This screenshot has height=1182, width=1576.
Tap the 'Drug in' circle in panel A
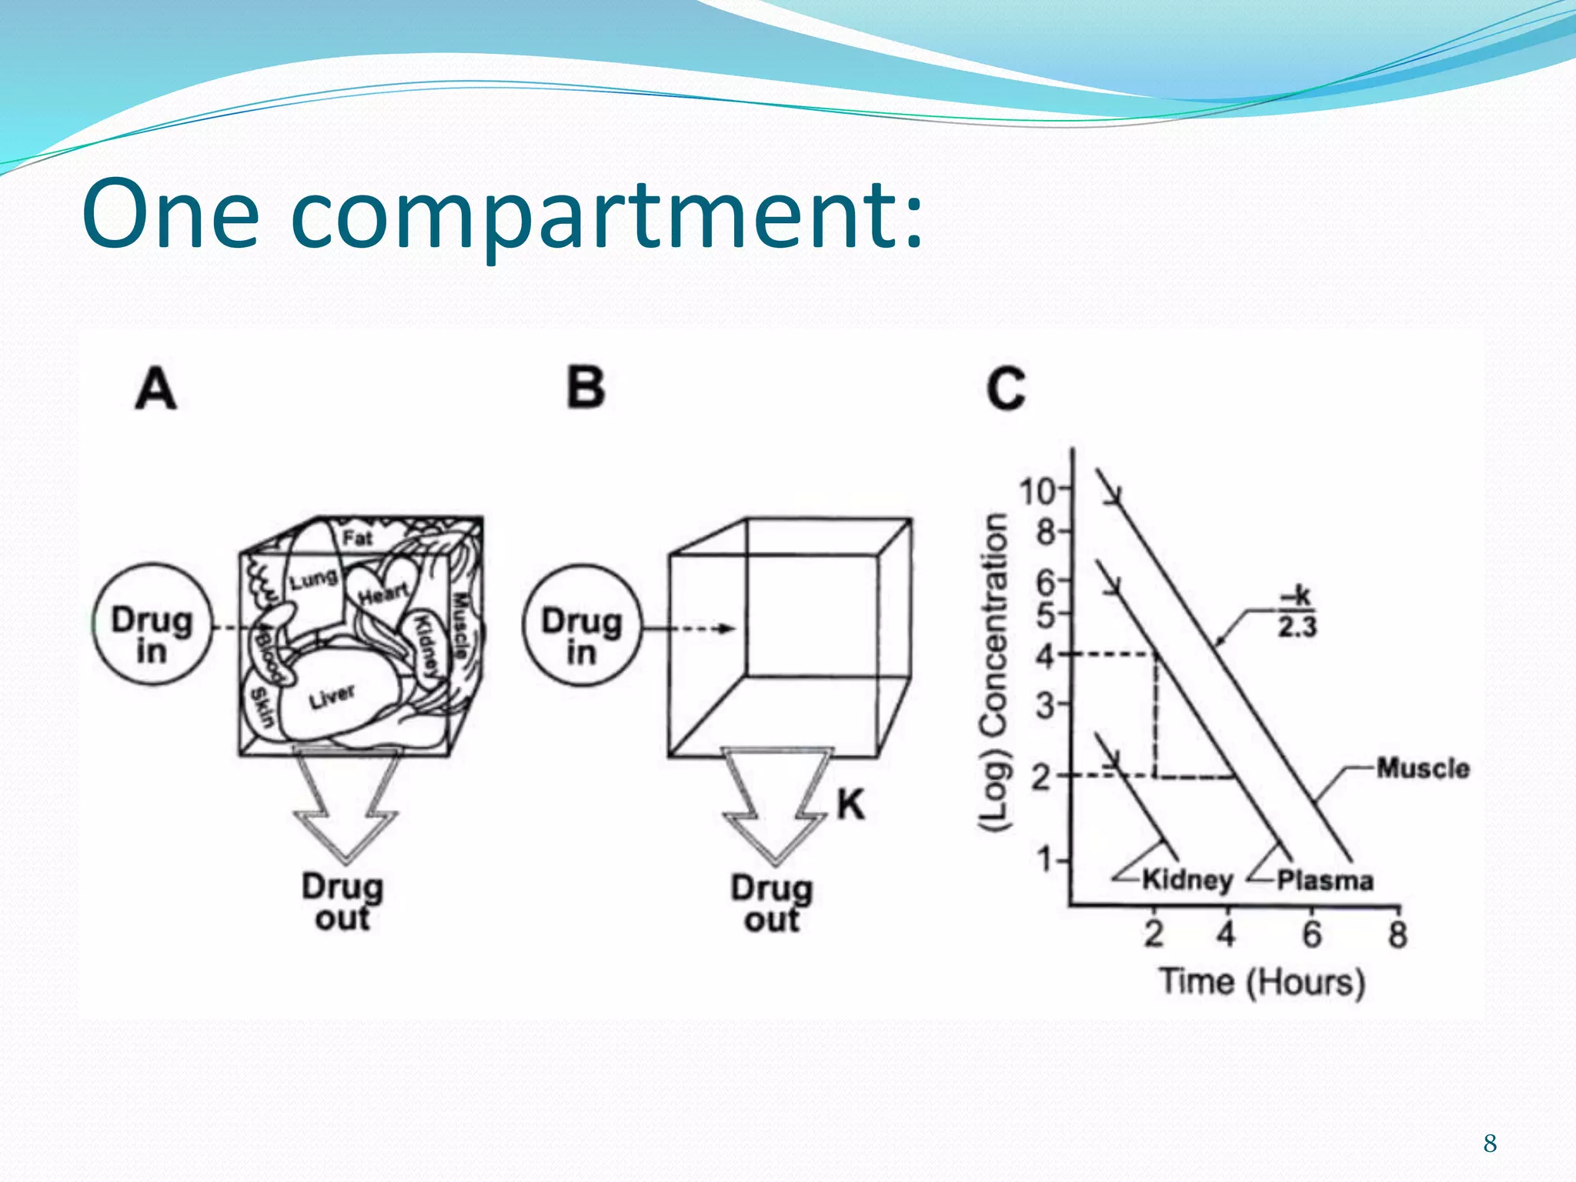(152, 624)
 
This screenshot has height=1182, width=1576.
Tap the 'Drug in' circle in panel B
(582, 625)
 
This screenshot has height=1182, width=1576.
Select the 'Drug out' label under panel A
(342, 902)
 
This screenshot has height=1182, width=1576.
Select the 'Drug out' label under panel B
(772, 903)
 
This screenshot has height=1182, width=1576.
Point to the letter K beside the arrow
(850, 806)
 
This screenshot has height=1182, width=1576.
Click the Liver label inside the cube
(332, 697)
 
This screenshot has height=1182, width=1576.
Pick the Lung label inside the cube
(313, 579)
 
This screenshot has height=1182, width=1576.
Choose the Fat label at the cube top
(358, 538)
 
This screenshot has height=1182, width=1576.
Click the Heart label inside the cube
(383, 593)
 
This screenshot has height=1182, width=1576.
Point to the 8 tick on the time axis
(1397, 935)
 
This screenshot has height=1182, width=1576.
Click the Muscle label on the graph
(1423, 768)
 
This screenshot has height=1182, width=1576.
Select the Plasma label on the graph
(1325, 880)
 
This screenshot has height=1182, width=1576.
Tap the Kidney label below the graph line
(1187, 879)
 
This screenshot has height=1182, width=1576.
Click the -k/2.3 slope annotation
(1297, 613)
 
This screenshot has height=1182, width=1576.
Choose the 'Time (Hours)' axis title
(1262, 983)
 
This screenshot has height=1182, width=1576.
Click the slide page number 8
(1490, 1144)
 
